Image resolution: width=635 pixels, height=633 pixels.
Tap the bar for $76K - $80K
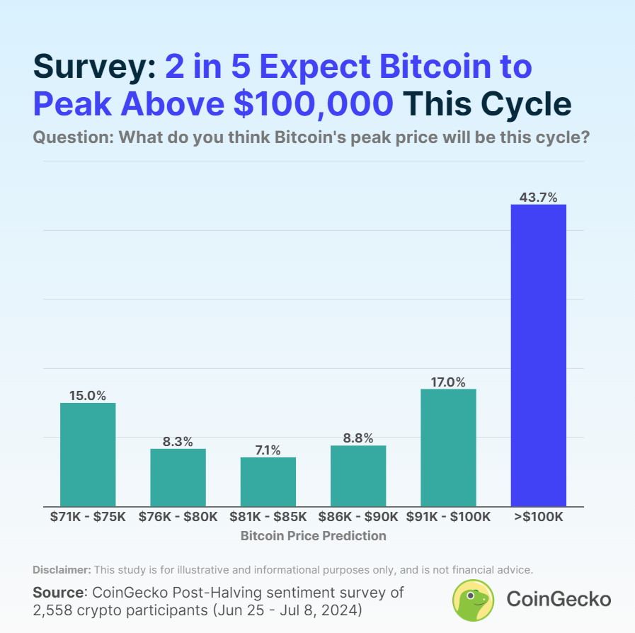coord(178,477)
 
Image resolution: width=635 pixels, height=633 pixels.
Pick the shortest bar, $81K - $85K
coord(268,481)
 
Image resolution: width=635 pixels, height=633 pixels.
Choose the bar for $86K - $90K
coord(358,476)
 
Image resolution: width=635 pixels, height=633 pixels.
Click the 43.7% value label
coord(538,198)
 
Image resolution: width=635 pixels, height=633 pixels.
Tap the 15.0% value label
coord(88,396)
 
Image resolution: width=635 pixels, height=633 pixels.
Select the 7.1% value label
coord(268,450)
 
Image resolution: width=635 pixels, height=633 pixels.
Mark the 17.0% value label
coord(448,382)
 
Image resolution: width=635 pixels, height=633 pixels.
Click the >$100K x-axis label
coord(538,517)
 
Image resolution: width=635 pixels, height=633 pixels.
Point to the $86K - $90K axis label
coord(358,517)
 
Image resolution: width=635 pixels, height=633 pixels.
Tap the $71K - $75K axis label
coord(88,517)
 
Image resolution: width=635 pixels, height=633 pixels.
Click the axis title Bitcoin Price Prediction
coord(313,536)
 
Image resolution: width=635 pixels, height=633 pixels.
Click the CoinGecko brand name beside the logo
coord(559,600)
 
